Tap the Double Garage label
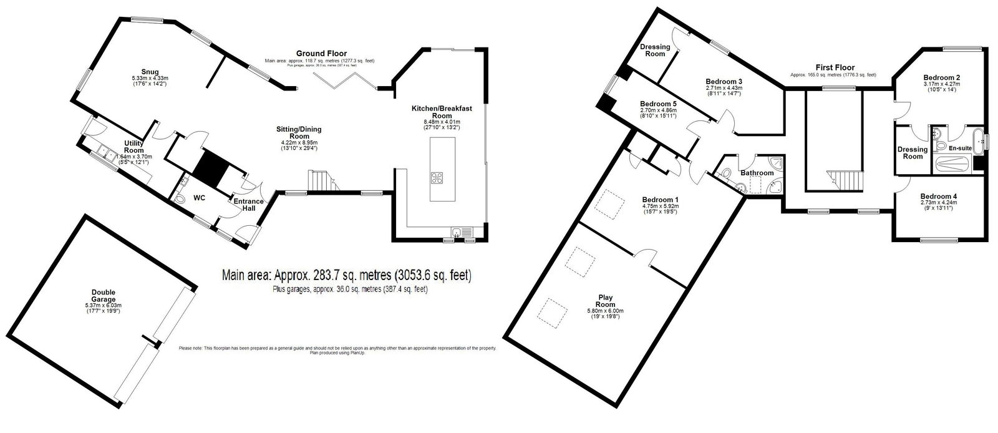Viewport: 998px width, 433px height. (x=103, y=295)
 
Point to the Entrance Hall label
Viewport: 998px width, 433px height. (x=249, y=205)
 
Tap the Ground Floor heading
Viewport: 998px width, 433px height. (x=321, y=54)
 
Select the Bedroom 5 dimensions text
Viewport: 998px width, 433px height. (x=658, y=114)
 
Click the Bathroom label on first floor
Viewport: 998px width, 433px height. (x=757, y=173)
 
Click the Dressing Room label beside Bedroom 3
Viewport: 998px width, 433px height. (x=655, y=50)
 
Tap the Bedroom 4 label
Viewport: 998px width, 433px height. (x=938, y=195)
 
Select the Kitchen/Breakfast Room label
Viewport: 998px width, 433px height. (x=442, y=112)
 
